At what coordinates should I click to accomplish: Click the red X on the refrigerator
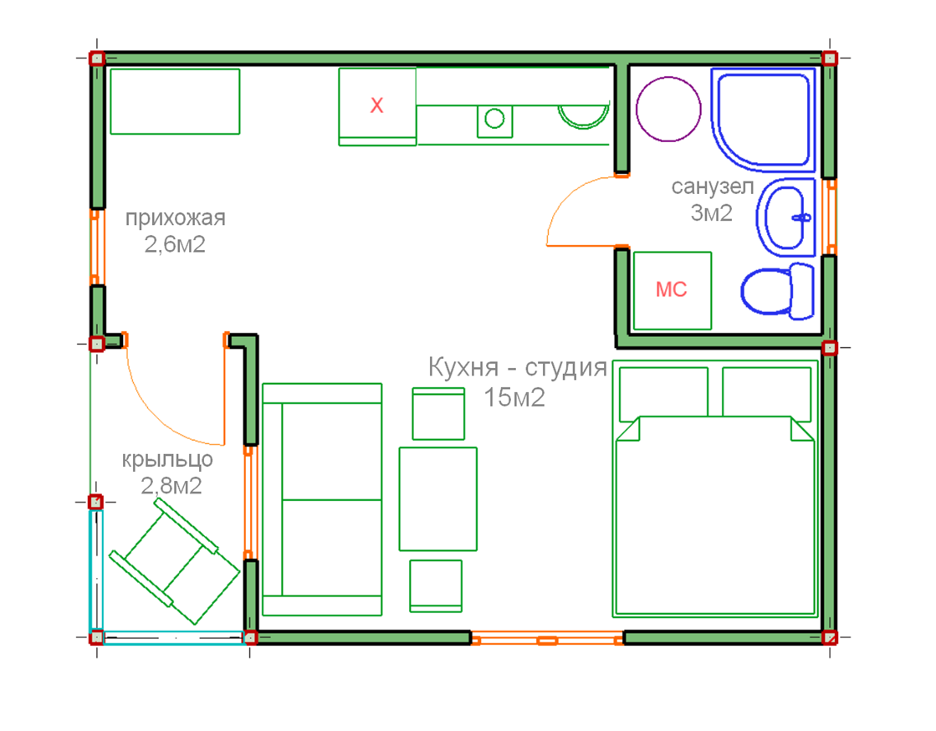click(x=376, y=105)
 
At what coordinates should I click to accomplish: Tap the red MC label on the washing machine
click(x=672, y=289)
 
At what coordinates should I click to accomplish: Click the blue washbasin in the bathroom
click(x=786, y=217)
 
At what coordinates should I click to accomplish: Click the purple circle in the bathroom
click(x=668, y=110)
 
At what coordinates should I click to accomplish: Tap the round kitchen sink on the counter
click(x=494, y=119)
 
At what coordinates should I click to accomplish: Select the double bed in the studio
click(x=715, y=488)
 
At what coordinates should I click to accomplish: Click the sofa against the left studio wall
click(x=322, y=499)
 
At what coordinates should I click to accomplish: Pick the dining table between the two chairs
click(x=438, y=498)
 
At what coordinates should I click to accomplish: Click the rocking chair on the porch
click(x=174, y=561)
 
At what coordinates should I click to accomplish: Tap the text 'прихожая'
click(x=176, y=217)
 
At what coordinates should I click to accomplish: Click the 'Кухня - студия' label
click(x=518, y=367)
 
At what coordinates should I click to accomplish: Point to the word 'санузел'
click(x=713, y=187)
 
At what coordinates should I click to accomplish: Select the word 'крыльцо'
click(x=167, y=460)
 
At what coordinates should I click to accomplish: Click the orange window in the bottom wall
click(x=547, y=641)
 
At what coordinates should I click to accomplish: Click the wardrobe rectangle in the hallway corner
click(x=175, y=101)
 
